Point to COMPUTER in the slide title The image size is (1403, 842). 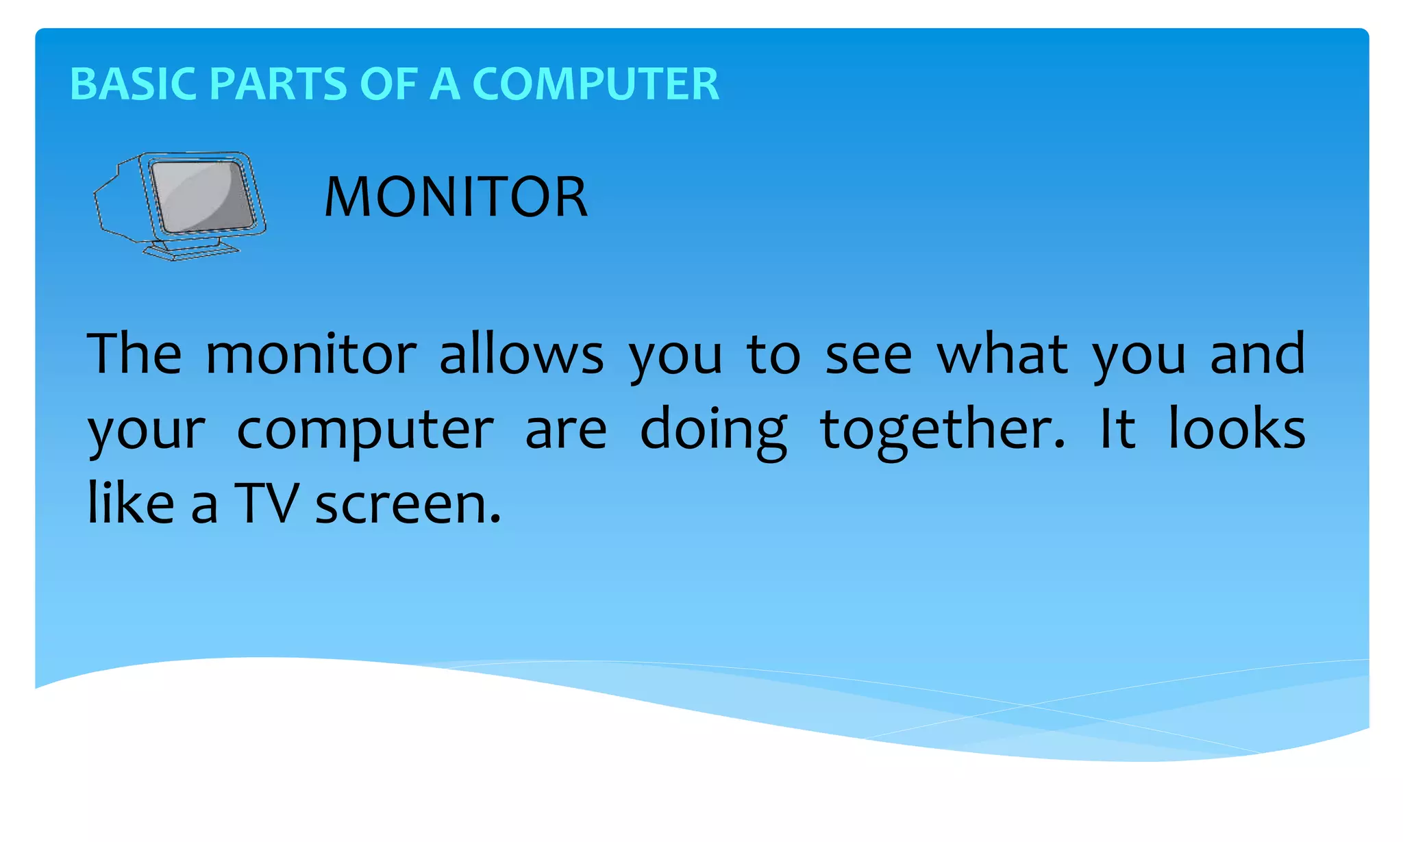pyautogui.click(x=595, y=84)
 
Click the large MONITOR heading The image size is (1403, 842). pyautogui.click(x=456, y=197)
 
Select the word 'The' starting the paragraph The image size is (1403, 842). pyautogui.click(x=134, y=354)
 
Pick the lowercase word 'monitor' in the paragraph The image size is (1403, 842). pyautogui.click(x=310, y=354)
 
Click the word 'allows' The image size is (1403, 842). pyautogui.click(x=521, y=354)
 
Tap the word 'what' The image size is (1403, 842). pyautogui.click(x=1002, y=354)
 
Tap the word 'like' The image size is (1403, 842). pyautogui.click(x=131, y=503)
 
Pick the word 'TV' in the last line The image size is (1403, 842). pyautogui.click(x=266, y=503)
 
